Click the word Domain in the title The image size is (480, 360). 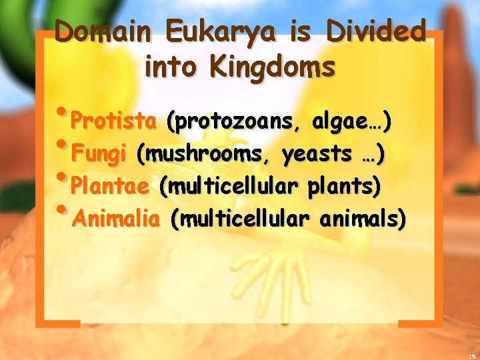106,32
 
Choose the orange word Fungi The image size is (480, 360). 99,154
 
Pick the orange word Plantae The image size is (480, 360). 110,185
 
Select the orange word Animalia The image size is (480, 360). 117,218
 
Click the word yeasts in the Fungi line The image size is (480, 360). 316,154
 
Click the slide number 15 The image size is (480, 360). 471,355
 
